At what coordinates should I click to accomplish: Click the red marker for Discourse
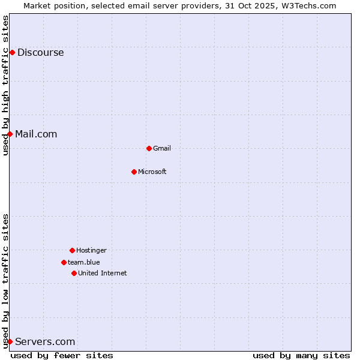(x=12, y=52)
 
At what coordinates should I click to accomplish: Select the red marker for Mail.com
(x=10, y=134)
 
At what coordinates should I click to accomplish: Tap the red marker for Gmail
(x=149, y=148)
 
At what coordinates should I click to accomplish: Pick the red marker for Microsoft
(x=134, y=172)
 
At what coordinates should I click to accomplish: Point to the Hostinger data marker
(x=72, y=250)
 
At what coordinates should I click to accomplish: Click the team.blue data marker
(x=64, y=262)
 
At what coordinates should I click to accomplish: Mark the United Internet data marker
(x=74, y=273)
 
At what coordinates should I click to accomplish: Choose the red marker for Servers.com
(x=10, y=341)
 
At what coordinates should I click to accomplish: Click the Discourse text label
(x=40, y=52)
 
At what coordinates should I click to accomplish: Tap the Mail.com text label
(x=36, y=134)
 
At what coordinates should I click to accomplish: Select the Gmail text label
(x=162, y=148)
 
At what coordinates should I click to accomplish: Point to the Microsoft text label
(x=152, y=172)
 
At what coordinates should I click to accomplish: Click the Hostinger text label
(x=91, y=250)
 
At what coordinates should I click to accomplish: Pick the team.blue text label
(x=84, y=262)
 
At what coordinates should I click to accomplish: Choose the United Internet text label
(x=103, y=273)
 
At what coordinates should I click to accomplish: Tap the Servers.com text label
(x=45, y=341)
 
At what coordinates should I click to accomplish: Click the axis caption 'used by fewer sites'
(x=62, y=355)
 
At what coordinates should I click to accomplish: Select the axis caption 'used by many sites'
(x=301, y=355)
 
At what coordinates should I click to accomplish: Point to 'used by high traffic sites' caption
(x=5, y=85)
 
